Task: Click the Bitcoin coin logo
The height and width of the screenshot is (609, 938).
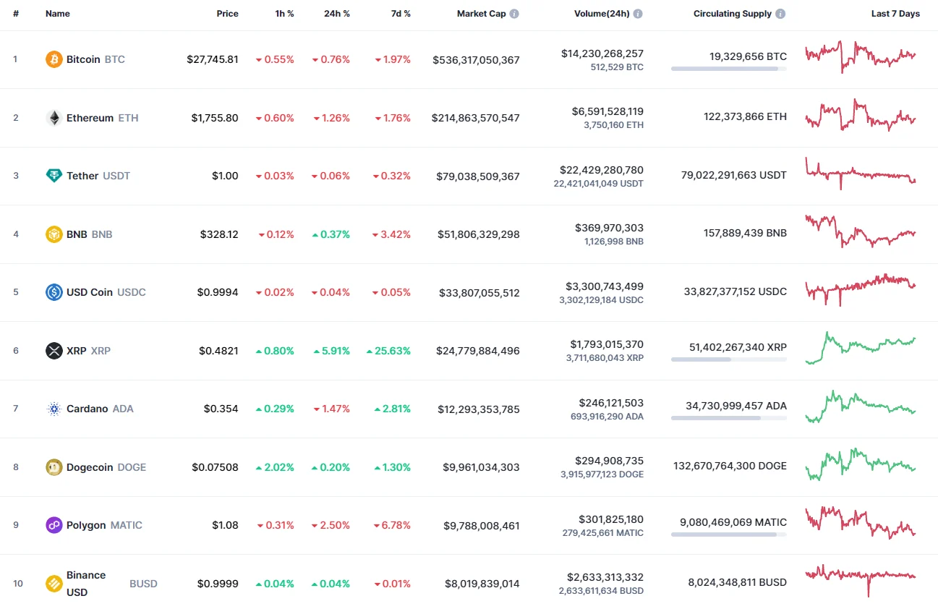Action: (54, 59)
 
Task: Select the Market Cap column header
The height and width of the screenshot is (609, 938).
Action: (481, 14)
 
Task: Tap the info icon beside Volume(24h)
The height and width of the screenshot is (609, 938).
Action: (638, 14)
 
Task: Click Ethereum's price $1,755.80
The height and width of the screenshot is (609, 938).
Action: (215, 118)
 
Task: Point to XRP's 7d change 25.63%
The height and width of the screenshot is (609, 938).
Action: (393, 351)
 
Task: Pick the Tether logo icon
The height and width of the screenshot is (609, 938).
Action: (54, 176)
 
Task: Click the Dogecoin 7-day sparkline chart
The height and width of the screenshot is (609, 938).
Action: (861, 465)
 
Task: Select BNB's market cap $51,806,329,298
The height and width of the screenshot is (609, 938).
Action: (478, 234)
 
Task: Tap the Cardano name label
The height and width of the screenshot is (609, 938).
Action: (87, 409)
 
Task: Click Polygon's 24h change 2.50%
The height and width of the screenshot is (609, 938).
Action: (335, 525)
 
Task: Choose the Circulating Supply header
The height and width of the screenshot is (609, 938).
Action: (732, 14)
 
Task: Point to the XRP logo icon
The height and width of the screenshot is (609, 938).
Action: (54, 351)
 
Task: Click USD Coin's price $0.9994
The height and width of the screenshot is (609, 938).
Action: (218, 292)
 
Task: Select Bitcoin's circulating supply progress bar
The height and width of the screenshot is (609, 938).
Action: (728, 69)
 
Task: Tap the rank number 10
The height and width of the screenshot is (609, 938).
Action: (18, 584)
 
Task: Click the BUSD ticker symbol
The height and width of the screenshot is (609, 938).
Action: (143, 584)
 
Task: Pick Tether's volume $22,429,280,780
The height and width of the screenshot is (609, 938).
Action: (601, 170)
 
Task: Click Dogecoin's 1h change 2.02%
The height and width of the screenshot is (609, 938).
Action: (279, 467)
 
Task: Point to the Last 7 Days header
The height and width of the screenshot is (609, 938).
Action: (895, 14)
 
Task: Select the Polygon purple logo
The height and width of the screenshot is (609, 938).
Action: (54, 525)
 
